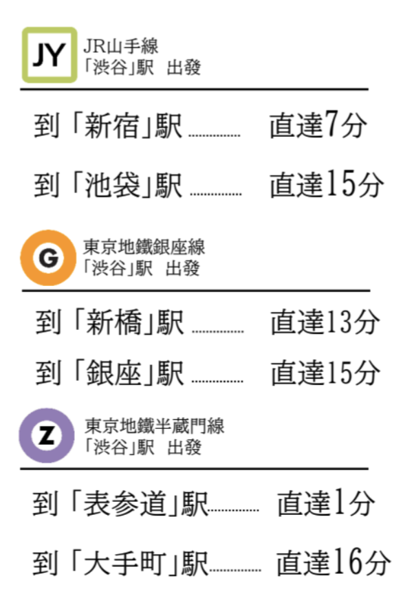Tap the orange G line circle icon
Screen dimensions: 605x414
[47, 258]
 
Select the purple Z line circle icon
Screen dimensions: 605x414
[46, 435]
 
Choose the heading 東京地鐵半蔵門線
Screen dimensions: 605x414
[155, 426]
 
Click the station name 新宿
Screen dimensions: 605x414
[110, 127]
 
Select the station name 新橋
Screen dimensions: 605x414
[111, 323]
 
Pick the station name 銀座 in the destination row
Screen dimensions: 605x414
[111, 373]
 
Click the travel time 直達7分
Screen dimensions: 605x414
[318, 126]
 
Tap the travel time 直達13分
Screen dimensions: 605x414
[325, 322]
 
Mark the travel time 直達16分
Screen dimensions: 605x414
[334, 564]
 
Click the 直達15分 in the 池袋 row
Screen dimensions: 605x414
[325, 184]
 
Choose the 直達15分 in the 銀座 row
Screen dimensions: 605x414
[325, 373]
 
